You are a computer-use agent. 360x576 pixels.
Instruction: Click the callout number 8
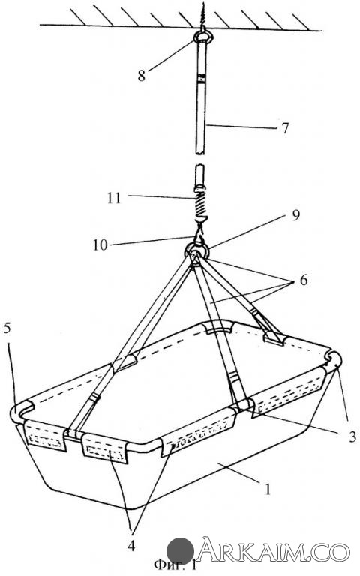pos(142,76)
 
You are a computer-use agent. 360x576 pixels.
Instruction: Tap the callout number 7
pos(285,128)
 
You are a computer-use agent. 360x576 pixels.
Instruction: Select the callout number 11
pos(114,198)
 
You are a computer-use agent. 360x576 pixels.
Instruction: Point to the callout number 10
pos(100,245)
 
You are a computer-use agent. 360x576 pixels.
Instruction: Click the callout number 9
pos(295,215)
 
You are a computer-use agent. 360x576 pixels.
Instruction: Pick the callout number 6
pos(304,280)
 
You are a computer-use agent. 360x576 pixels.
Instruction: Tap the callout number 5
pos(7,328)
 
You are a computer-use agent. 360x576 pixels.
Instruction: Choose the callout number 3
pos(352,436)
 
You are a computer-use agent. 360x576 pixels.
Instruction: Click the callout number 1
pos(268,489)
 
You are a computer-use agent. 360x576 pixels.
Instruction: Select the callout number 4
pos(131,546)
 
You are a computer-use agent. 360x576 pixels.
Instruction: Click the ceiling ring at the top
pos(202,37)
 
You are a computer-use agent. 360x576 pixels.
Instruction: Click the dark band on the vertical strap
pos(202,79)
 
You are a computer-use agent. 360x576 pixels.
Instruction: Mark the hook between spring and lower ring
pos(199,232)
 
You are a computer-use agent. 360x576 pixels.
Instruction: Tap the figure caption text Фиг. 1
pos(176,565)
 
